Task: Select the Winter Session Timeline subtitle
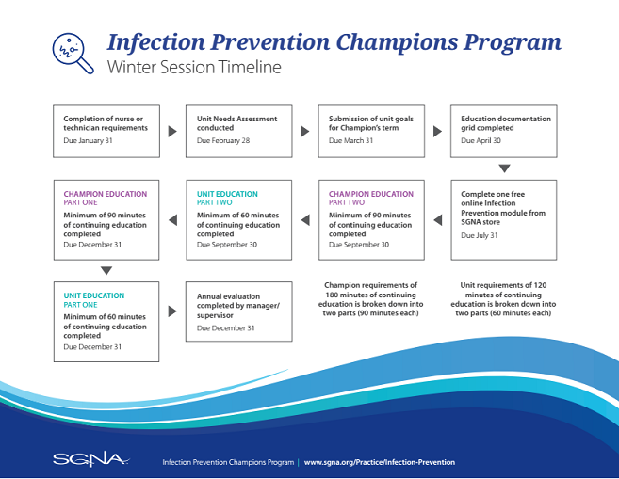point(193,68)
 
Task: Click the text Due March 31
point(351,139)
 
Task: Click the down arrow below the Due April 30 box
point(504,168)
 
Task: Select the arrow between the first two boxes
point(172,131)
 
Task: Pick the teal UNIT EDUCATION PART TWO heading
point(227,198)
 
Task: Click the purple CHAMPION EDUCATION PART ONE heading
point(106,198)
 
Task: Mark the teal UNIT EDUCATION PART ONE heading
point(94,299)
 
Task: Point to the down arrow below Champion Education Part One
point(106,270)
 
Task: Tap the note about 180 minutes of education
point(370,298)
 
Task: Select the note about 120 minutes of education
point(503,298)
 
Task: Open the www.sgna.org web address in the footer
point(379,462)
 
